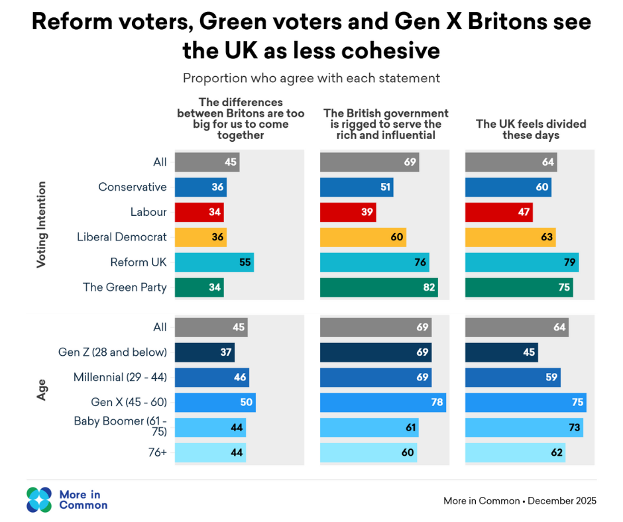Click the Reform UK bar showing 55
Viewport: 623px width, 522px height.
213,262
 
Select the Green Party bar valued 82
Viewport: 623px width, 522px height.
378,287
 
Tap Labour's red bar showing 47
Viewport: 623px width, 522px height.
498,212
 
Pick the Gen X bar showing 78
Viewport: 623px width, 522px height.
382,402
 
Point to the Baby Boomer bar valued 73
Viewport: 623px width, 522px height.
524,427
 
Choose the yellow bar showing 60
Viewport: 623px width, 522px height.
363,237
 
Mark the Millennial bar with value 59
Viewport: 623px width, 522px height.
512,378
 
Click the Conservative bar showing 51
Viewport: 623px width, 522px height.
356,187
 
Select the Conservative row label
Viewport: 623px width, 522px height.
133,187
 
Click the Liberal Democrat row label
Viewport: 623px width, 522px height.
122,237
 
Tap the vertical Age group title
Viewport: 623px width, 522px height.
42,390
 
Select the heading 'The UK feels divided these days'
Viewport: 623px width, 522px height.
531,129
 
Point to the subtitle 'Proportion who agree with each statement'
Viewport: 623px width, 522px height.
311,78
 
